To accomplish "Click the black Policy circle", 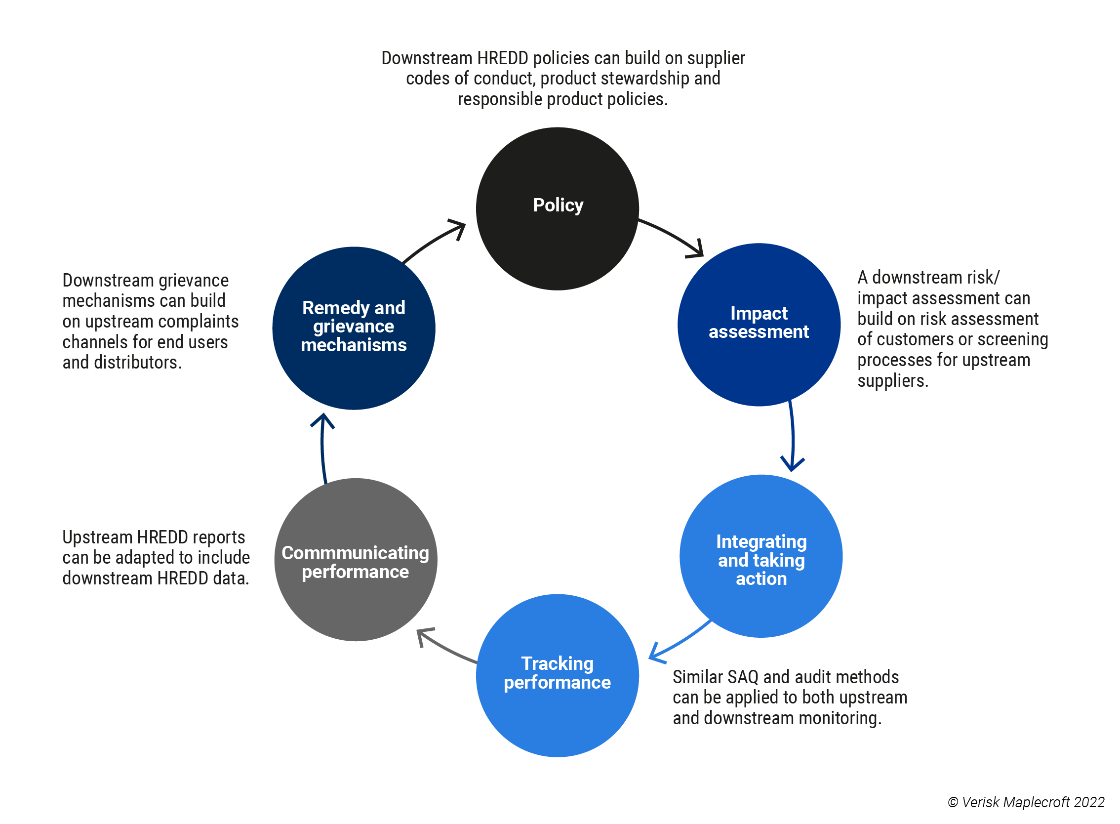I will point(557,208).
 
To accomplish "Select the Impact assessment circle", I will point(759,325).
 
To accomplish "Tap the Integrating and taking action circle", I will point(760,556).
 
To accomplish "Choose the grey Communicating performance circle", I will point(356,559).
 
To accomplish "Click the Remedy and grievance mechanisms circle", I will point(354,328).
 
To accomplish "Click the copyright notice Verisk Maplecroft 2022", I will point(1026,802).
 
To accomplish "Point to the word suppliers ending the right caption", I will point(892,381).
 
